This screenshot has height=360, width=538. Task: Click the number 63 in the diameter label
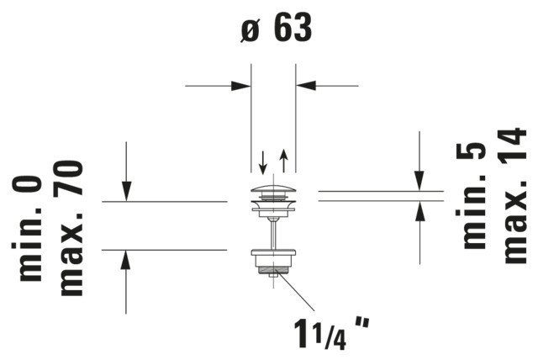tap(293, 27)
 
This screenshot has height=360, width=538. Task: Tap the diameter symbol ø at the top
tap(251, 30)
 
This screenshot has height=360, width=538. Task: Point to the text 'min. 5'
tap(471, 196)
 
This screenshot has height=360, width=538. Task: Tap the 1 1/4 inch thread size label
tap(330, 333)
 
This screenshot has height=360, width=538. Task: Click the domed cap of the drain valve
tap(273, 190)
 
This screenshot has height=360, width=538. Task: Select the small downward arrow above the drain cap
tap(263, 162)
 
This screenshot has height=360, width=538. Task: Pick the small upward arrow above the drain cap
tap(283, 161)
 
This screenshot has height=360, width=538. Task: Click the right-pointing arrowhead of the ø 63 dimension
tap(241, 86)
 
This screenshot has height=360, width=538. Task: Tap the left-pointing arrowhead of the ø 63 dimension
tap(306, 86)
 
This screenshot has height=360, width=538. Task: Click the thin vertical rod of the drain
tap(273, 235)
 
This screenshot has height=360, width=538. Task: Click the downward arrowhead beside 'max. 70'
tap(127, 192)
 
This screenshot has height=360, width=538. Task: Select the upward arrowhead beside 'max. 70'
tap(127, 260)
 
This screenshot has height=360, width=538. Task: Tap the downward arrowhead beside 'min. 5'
tap(419, 181)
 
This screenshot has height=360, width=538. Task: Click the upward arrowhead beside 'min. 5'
tap(419, 211)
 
